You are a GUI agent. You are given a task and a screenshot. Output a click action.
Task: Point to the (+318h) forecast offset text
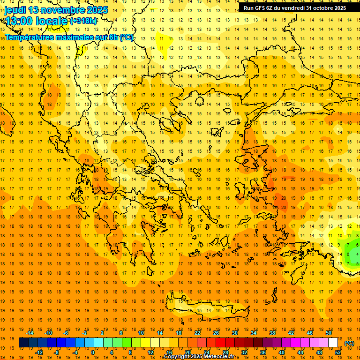[83, 21]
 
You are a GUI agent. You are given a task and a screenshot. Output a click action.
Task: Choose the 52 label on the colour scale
[338, 352]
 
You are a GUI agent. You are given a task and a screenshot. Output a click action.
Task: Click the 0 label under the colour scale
[93, 352]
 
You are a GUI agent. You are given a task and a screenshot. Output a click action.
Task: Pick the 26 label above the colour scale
[216, 333]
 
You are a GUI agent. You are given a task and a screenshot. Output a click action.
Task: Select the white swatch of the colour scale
[333, 343]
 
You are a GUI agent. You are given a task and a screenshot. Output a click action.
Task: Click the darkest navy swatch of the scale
[23, 343]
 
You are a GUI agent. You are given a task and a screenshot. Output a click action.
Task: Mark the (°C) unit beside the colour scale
[349, 343]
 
